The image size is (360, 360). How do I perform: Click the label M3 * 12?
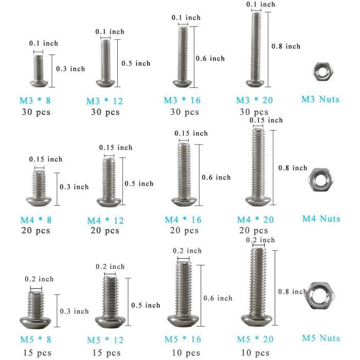pyautogui.click(x=105, y=101)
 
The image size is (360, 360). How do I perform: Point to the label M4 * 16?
pyautogui.click(x=183, y=220)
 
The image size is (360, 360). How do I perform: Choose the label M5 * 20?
pyautogui.click(x=255, y=339)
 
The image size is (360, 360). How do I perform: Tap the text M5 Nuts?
pyautogui.click(x=321, y=338)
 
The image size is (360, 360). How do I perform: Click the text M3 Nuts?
pyautogui.click(x=320, y=99)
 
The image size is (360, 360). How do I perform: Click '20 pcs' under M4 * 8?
pyautogui.click(x=36, y=230)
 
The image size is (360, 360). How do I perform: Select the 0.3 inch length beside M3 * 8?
pyautogui.click(x=70, y=68)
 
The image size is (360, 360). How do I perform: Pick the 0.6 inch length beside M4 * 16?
pyautogui.click(x=216, y=177)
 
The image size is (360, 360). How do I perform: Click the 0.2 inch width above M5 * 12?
pyautogui.click(x=111, y=266)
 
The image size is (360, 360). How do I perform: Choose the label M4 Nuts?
pyautogui.click(x=321, y=219)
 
